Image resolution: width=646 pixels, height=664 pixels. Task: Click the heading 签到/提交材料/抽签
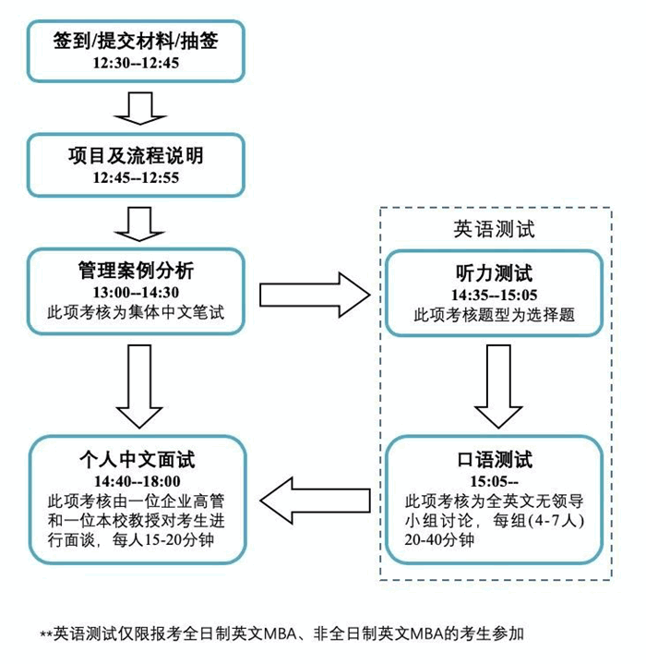tap(136, 41)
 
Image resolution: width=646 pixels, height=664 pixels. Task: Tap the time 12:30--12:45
tap(136, 63)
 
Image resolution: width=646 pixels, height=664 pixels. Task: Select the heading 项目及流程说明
tap(136, 155)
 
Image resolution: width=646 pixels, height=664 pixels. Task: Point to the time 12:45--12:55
tap(136, 177)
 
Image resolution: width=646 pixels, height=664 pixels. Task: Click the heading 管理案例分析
tap(136, 271)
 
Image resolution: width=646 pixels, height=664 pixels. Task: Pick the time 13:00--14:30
tap(136, 292)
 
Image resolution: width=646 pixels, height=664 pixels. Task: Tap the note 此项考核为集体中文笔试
tap(136, 312)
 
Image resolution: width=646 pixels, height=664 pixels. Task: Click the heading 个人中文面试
tap(138, 460)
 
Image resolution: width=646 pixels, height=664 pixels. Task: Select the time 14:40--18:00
tap(138, 481)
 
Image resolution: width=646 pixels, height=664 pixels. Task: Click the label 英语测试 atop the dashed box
tap(494, 229)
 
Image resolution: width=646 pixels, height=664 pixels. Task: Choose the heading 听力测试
tap(494, 273)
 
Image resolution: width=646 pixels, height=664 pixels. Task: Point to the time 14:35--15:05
tap(494, 295)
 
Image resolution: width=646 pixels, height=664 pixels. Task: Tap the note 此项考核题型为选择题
tap(494, 315)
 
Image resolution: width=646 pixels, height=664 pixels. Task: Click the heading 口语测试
tap(494, 460)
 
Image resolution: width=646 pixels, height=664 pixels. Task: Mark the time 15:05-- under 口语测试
tap(494, 481)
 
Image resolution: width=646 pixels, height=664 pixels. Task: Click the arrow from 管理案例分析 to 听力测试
tap(315, 295)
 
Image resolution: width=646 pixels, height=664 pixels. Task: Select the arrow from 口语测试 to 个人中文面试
tap(316, 501)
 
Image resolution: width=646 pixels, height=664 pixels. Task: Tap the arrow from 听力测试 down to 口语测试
tap(498, 386)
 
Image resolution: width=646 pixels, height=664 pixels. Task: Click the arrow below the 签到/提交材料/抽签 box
tap(140, 108)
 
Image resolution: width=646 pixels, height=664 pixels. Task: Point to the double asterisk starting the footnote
tap(46, 634)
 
